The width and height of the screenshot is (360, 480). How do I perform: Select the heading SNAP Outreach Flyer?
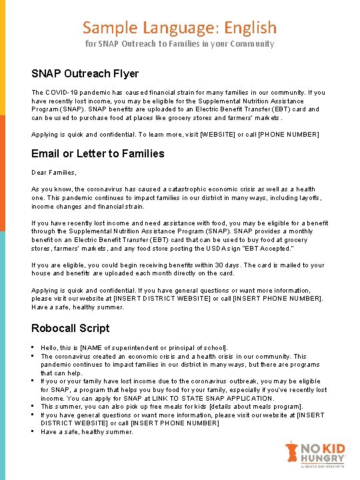85,73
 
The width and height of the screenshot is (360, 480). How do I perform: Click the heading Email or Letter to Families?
97,153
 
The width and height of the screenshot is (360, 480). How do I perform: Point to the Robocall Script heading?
71,328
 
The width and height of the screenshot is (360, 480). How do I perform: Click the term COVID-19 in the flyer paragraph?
61,92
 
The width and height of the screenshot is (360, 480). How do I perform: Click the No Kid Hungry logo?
314,455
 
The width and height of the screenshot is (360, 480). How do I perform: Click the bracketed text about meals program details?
246,407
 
